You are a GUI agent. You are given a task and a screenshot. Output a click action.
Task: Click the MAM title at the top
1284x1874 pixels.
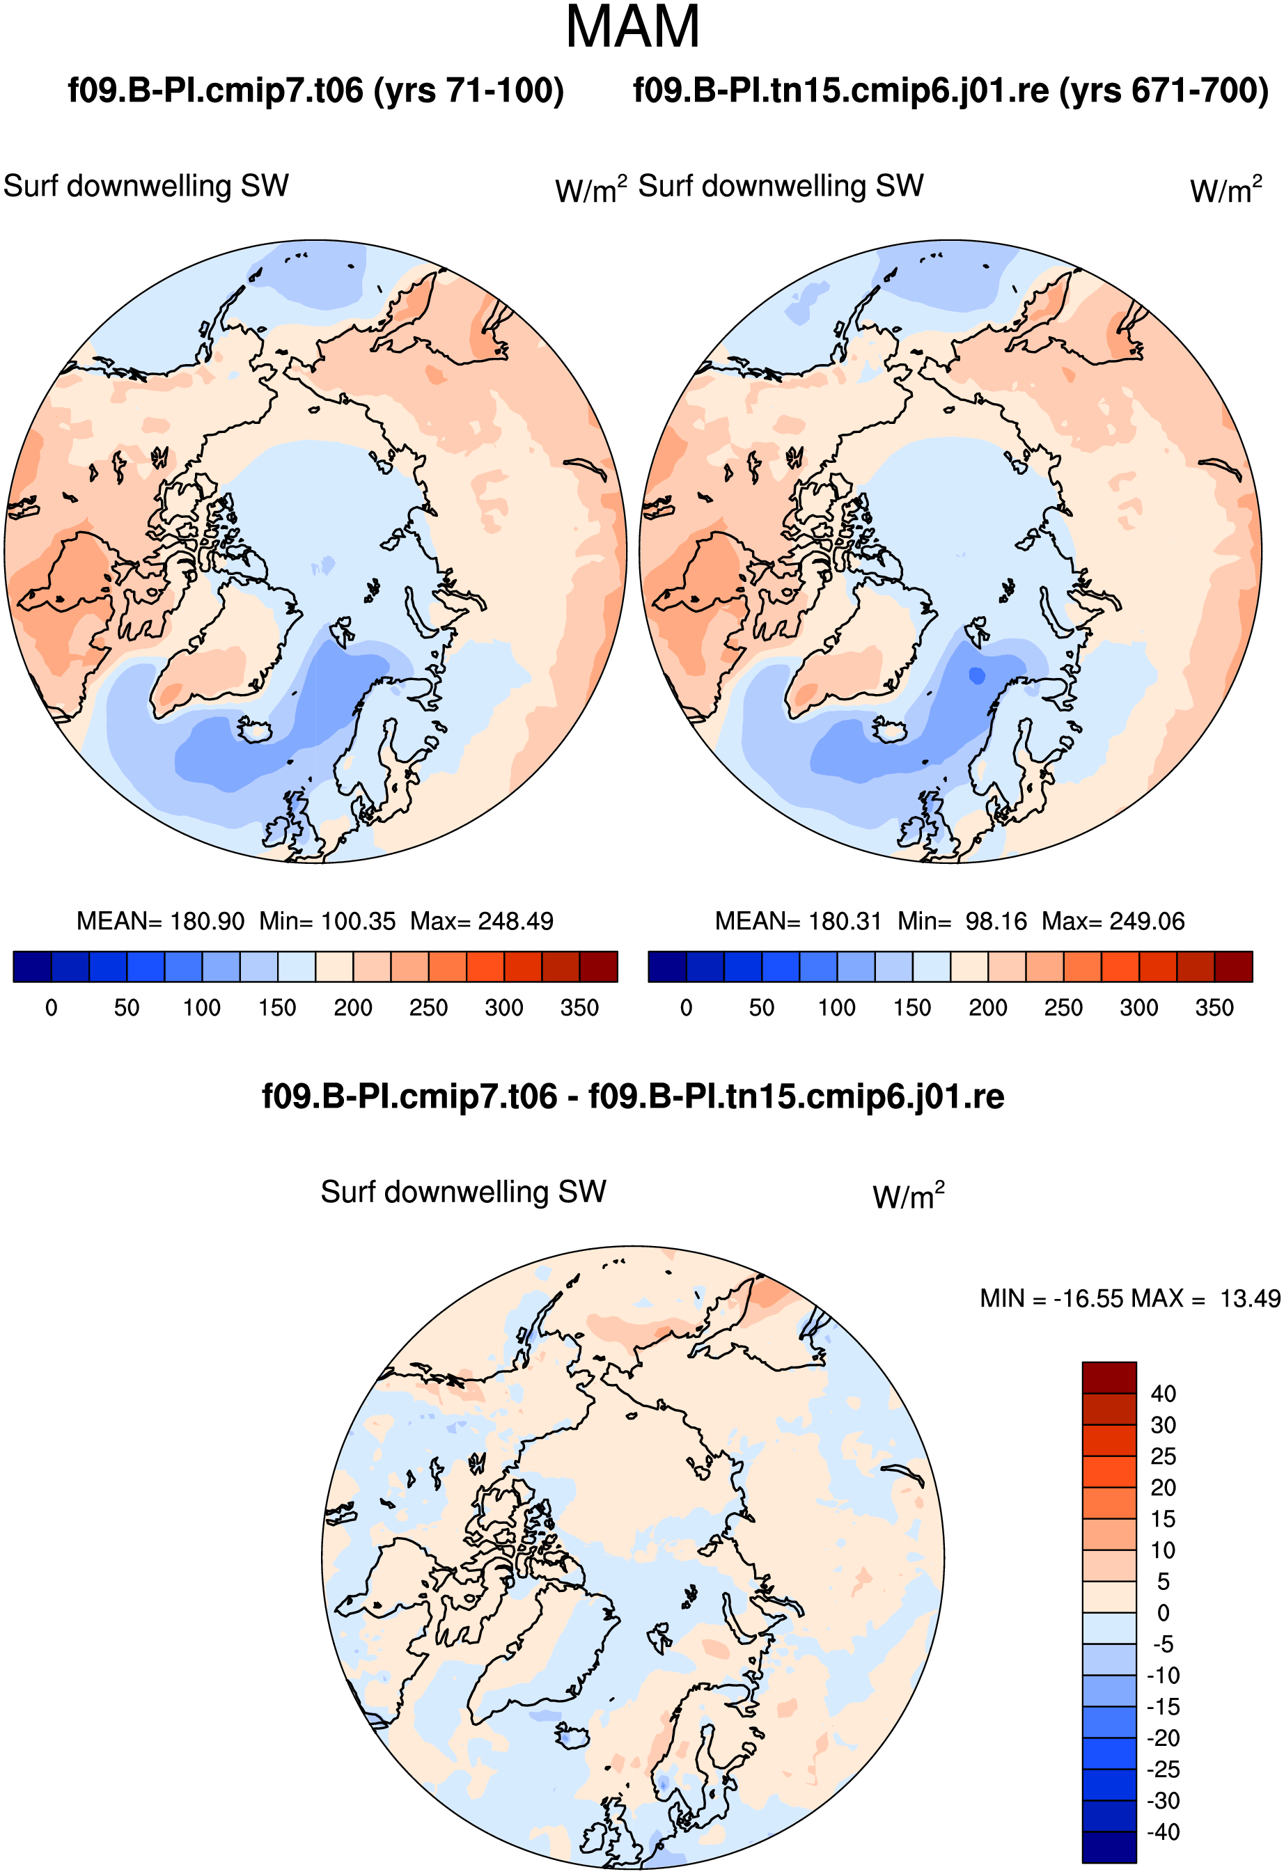tap(632, 27)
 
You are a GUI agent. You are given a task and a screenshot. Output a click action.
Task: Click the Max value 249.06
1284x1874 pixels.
tap(1147, 921)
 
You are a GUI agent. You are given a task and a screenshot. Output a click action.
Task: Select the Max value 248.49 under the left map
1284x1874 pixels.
tap(516, 921)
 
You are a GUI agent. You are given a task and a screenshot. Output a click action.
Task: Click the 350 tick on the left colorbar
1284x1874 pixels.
tap(579, 1007)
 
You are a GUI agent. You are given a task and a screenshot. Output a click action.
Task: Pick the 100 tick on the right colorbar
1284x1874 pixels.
tap(836, 1007)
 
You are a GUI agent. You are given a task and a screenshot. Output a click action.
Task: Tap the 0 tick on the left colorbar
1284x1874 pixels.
tap(52, 1007)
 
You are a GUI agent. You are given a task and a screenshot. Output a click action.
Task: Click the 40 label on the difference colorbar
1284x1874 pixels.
tap(1163, 1394)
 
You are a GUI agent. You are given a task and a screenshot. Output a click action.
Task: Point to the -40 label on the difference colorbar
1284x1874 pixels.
tap(1163, 1832)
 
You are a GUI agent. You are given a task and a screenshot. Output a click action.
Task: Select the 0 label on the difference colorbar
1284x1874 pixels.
tap(1163, 1613)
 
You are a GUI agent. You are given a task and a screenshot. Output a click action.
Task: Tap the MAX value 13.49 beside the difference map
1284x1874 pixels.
tap(1249, 1298)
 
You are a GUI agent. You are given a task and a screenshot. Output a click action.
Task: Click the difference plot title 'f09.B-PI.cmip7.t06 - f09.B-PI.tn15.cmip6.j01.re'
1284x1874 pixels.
tap(633, 1096)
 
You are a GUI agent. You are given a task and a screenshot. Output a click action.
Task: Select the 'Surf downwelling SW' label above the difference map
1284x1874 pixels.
tap(463, 1191)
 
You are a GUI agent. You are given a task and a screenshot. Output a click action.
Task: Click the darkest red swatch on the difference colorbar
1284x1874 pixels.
tap(1109, 1377)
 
